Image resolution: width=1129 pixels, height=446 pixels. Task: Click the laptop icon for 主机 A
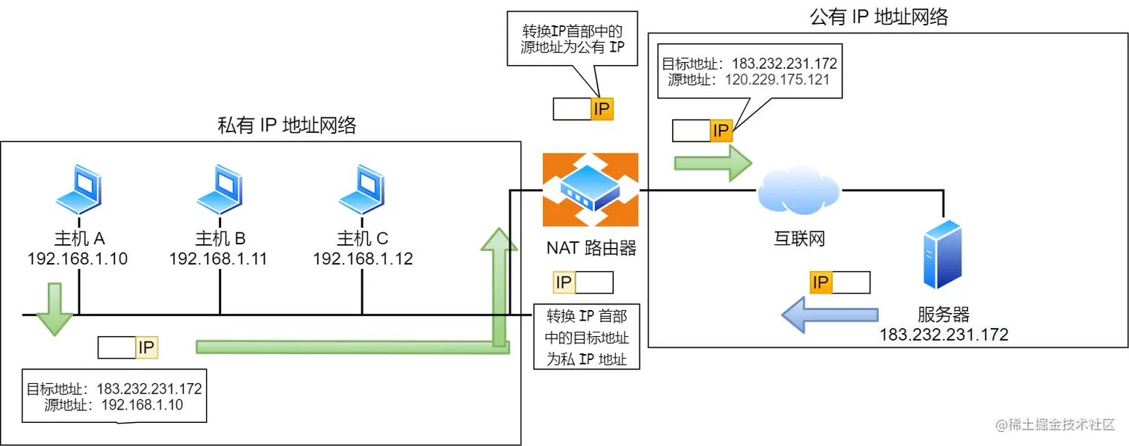tap(78, 191)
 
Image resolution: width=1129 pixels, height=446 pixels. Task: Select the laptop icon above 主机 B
tap(220, 191)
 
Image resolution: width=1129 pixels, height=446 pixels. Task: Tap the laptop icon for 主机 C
tap(362, 191)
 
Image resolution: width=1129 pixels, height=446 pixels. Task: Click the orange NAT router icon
tap(590, 190)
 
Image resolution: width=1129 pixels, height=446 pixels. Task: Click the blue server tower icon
tap(942, 254)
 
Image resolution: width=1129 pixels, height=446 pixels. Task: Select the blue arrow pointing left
tap(829, 315)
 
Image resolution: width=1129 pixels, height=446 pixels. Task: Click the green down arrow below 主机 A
tap(55, 308)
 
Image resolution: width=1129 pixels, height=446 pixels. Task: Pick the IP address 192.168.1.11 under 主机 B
tap(218, 259)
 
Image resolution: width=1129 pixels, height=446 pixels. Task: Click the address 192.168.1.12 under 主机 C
tap(362, 259)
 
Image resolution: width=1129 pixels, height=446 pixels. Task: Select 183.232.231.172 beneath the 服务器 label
tap(944, 334)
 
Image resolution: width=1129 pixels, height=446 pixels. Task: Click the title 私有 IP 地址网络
tap(287, 126)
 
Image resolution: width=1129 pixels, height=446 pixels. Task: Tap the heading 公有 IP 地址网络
tap(879, 17)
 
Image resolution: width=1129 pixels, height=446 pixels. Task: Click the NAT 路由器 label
tap(591, 247)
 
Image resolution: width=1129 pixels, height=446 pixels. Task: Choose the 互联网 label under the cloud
tap(798, 239)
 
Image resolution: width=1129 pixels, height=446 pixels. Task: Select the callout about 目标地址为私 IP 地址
tap(586, 337)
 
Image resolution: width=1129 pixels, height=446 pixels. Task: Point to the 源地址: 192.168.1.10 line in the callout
tap(114, 405)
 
